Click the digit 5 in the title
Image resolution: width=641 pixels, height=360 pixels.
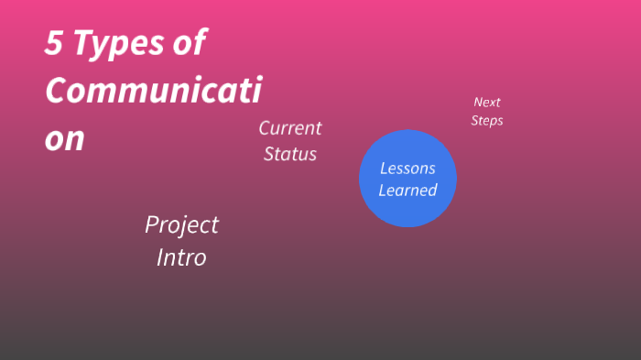(53, 44)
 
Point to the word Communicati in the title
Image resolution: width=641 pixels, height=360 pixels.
(153, 91)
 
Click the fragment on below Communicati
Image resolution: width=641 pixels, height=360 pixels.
(65, 139)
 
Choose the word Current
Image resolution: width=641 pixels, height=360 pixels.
(290, 127)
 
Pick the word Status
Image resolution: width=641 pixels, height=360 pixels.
(290, 154)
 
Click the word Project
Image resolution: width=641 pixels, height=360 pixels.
(182, 224)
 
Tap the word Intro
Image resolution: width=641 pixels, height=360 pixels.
(181, 258)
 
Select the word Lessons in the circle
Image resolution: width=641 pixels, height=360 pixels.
(407, 169)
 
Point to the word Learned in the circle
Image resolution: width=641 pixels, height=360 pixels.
(407, 191)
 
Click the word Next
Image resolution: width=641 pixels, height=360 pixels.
(487, 103)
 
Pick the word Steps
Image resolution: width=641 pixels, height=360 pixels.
(487, 120)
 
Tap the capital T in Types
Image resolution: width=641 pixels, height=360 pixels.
(83, 44)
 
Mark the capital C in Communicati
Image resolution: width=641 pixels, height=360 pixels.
(57, 91)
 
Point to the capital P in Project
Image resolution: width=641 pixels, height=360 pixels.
(152, 224)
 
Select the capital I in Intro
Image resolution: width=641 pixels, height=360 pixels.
(160, 258)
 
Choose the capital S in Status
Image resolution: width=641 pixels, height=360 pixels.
(270, 154)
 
